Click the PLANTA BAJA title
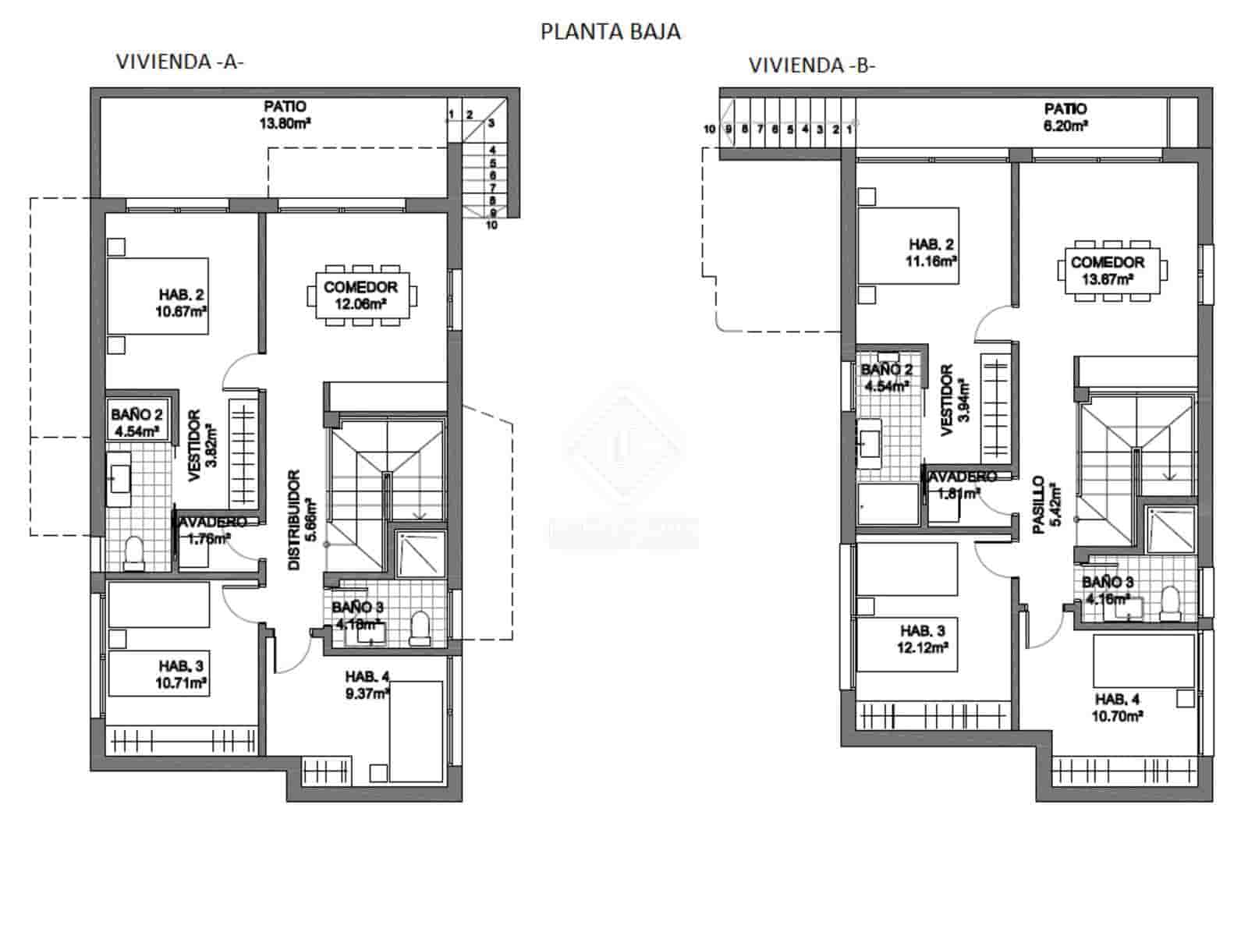click(x=610, y=31)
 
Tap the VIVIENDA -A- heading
click(x=179, y=62)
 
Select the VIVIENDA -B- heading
click(x=812, y=66)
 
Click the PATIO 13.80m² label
click(x=285, y=114)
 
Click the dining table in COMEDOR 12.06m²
click(x=360, y=295)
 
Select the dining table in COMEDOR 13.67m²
click(x=1108, y=270)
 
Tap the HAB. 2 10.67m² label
click(x=183, y=303)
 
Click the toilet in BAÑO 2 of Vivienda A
click(x=134, y=552)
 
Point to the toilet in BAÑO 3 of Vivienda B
click(x=1169, y=603)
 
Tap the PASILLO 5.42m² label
click(x=1046, y=505)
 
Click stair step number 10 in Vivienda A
click(x=491, y=225)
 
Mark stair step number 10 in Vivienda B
click(x=709, y=129)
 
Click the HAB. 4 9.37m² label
click(x=367, y=684)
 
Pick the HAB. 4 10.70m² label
click(x=1118, y=707)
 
